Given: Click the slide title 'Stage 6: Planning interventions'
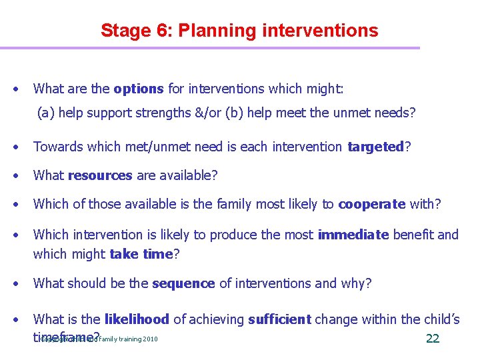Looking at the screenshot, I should click(x=239, y=31).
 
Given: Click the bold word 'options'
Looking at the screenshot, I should click(x=139, y=89).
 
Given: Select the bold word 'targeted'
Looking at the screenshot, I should click(x=376, y=147).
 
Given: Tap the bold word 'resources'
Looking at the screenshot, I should click(x=99, y=175).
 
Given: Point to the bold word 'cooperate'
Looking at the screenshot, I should click(x=371, y=205).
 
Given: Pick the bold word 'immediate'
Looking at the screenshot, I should click(x=353, y=235).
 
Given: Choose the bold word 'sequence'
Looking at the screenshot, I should click(x=183, y=283).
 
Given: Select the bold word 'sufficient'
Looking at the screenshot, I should click(x=279, y=320).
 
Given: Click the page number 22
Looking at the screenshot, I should click(x=432, y=339).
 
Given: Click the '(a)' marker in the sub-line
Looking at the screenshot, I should click(x=45, y=113).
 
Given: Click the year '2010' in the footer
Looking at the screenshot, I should click(x=150, y=339).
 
